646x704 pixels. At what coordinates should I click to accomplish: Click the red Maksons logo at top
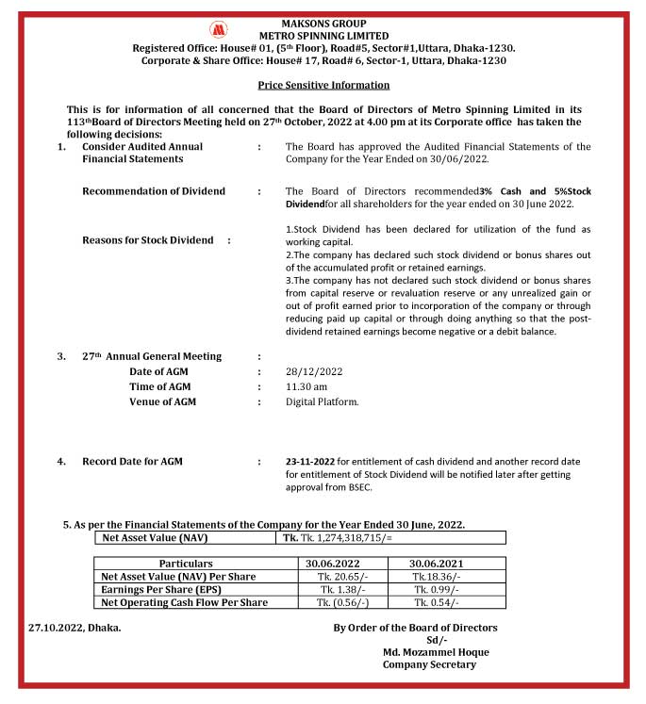point(219,29)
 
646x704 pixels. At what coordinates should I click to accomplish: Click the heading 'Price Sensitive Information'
point(323,85)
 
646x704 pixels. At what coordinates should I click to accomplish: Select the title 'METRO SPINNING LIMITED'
point(323,36)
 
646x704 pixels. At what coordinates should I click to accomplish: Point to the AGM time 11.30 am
point(306,386)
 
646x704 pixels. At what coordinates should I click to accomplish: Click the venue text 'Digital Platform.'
point(322,401)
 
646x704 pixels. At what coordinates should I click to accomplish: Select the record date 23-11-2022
point(316,461)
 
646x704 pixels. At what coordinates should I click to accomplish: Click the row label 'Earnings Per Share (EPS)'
point(166,589)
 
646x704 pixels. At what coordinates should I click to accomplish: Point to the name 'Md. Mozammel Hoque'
point(436,652)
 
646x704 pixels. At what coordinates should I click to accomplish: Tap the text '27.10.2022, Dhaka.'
point(75,627)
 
